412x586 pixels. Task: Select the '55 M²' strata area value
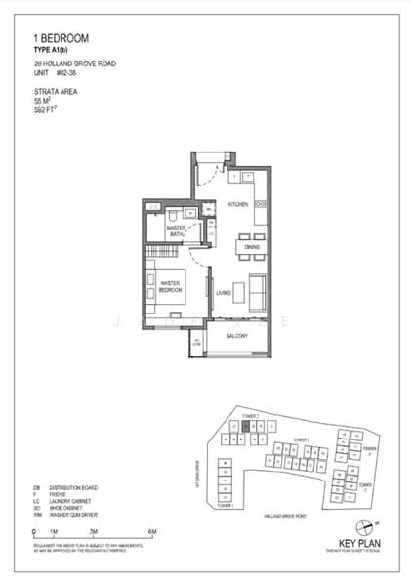pyautogui.click(x=43, y=103)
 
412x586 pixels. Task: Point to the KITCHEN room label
pyautogui.click(x=237, y=204)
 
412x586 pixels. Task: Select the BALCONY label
pyautogui.click(x=237, y=337)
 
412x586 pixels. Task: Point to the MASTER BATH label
pyautogui.click(x=176, y=231)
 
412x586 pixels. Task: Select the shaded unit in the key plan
pyautogui.click(x=246, y=426)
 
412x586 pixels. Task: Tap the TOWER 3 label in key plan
pyautogui.click(x=301, y=440)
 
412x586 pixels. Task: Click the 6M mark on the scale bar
pyautogui.click(x=152, y=531)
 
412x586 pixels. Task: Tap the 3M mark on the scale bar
pyautogui.click(x=93, y=531)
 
